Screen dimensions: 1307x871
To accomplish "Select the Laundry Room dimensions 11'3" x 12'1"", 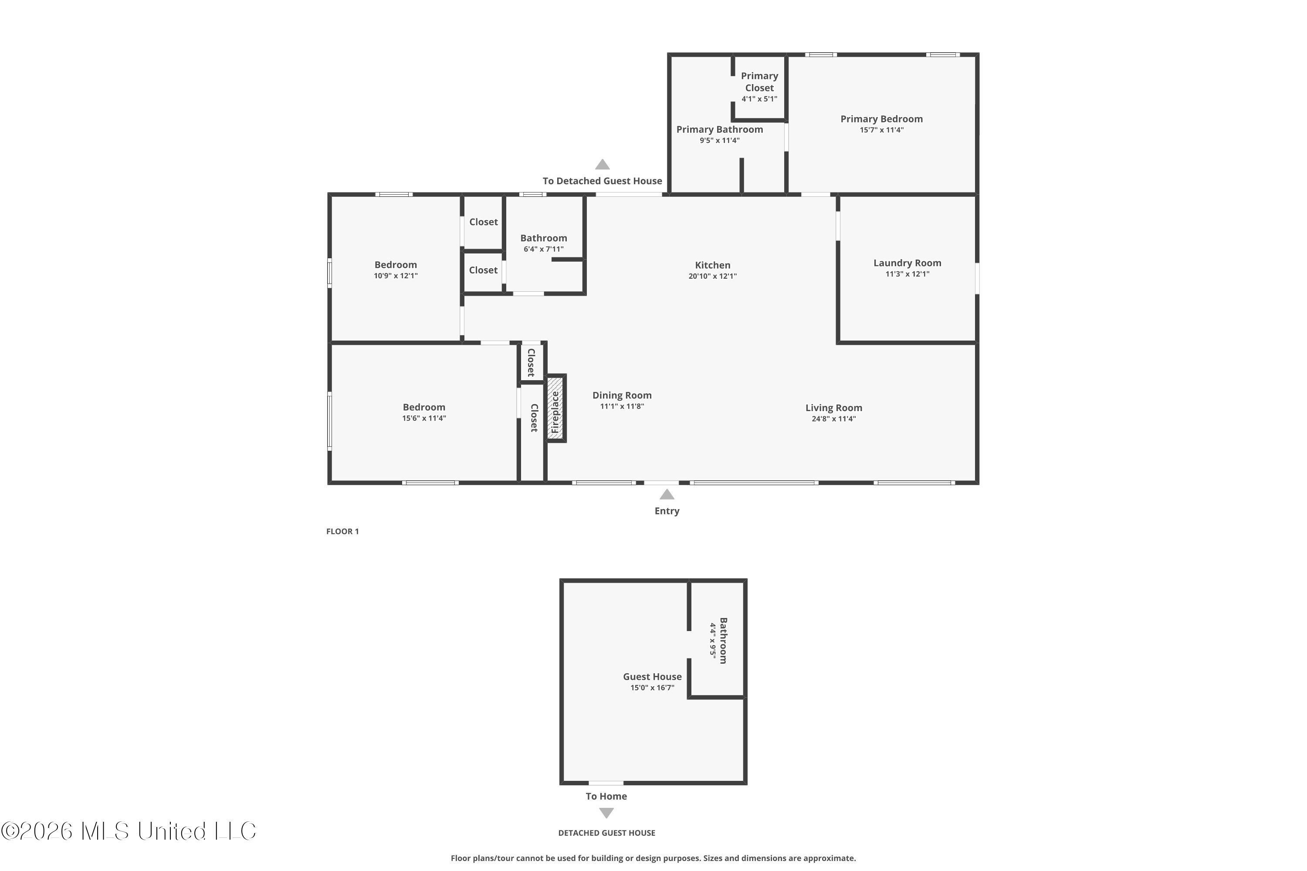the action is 907,274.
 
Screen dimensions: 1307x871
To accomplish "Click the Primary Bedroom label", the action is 881,119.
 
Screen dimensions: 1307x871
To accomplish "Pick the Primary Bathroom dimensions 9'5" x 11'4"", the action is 720,141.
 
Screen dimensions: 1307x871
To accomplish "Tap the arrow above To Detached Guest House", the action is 603,165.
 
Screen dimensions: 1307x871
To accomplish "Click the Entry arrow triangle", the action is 667,494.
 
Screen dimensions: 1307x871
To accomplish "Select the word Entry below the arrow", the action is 667,511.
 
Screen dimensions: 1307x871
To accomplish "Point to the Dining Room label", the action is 622,395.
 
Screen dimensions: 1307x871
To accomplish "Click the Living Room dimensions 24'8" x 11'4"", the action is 833,419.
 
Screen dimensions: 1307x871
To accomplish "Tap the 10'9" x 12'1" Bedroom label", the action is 396,270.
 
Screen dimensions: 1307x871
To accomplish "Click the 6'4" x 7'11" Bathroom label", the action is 543,243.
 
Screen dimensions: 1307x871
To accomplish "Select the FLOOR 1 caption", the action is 342,532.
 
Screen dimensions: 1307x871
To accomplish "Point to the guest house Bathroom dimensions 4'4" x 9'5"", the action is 713,641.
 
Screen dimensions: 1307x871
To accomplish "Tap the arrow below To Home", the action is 606,813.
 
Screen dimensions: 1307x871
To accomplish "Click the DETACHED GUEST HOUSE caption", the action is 607,833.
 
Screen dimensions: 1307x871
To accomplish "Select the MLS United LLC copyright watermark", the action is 129,831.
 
